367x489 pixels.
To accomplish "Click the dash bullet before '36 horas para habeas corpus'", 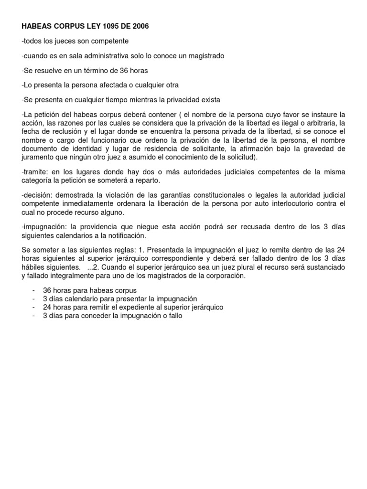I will [33, 290].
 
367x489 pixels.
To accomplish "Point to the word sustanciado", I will [326, 268].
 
